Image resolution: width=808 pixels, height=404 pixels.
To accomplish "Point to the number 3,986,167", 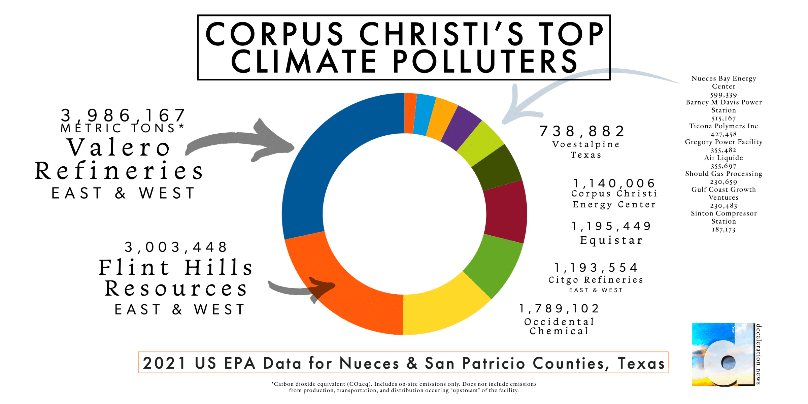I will click(x=123, y=115).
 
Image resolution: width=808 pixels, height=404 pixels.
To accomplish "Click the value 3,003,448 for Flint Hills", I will click(x=176, y=247).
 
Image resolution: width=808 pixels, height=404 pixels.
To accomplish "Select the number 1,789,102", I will click(x=559, y=308).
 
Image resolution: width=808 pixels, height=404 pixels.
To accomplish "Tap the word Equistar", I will click(x=611, y=240).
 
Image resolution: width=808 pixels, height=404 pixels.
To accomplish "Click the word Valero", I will click(x=119, y=147).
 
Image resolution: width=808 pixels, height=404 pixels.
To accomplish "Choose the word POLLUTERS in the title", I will click(x=485, y=62).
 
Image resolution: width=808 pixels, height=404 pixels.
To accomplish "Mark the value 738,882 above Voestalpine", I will click(x=582, y=131).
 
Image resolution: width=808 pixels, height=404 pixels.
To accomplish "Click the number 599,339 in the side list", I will click(x=723, y=95).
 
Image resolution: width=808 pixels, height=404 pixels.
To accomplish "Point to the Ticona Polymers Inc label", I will click(x=723, y=126).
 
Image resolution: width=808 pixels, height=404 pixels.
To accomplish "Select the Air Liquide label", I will click(x=723, y=158).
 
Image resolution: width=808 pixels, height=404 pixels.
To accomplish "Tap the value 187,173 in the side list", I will click(x=723, y=230).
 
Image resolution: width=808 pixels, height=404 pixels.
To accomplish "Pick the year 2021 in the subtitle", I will click(x=164, y=363).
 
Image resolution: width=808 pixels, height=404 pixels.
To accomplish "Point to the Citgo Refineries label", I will click(x=596, y=280).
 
